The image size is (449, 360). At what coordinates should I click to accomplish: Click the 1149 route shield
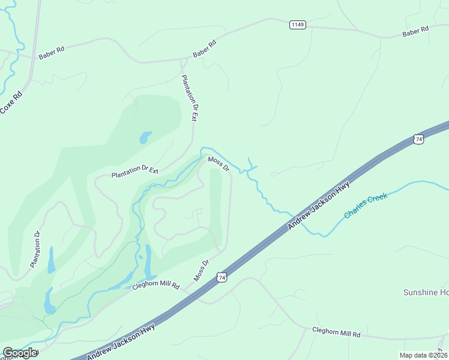[297, 25]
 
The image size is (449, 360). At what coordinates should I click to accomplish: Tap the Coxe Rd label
[11, 102]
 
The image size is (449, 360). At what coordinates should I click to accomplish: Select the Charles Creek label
[366, 206]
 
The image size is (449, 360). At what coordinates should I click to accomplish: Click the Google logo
[20, 353]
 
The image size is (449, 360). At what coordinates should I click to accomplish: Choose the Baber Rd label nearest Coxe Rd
[51, 54]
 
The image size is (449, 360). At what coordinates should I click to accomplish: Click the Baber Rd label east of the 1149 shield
[415, 30]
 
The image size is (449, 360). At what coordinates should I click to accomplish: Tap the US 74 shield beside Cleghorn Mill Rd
[222, 278]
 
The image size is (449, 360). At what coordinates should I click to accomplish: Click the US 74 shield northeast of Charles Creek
[418, 139]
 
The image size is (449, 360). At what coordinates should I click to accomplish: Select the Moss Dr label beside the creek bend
[218, 163]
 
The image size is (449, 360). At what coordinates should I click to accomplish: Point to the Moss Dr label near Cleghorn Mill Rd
[201, 271]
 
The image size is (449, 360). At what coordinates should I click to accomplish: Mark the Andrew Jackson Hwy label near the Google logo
[121, 342]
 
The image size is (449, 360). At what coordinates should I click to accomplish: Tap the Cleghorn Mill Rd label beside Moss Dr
[156, 286]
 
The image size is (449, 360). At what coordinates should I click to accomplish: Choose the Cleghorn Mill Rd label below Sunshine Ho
[336, 332]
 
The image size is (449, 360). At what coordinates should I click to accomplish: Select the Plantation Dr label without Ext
[35, 249]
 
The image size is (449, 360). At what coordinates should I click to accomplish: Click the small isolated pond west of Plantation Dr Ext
[145, 137]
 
